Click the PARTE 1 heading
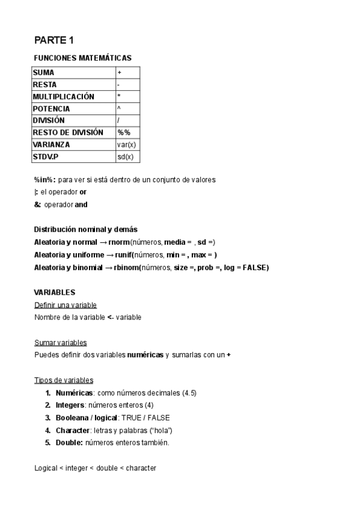coord(53,41)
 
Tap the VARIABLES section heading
coord(55,292)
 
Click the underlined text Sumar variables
coord(61,342)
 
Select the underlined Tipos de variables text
coord(64,380)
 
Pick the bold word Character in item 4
coord(73,431)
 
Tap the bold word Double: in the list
coord(70,443)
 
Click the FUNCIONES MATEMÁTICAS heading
coord(82,58)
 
